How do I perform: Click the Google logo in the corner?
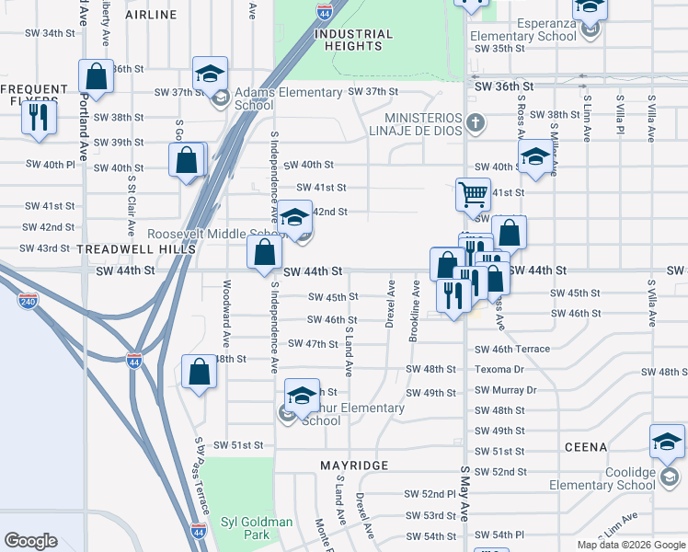[31, 541]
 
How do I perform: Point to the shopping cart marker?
[473, 194]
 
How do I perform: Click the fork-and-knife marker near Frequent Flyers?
[39, 117]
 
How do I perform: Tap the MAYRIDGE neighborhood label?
[354, 466]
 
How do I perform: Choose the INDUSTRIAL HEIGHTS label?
[353, 40]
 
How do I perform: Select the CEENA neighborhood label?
[586, 447]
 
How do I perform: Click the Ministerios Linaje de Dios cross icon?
[475, 122]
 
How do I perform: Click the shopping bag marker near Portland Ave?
[96, 75]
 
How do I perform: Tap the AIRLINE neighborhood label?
[151, 16]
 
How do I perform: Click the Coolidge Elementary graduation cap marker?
[667, 443]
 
